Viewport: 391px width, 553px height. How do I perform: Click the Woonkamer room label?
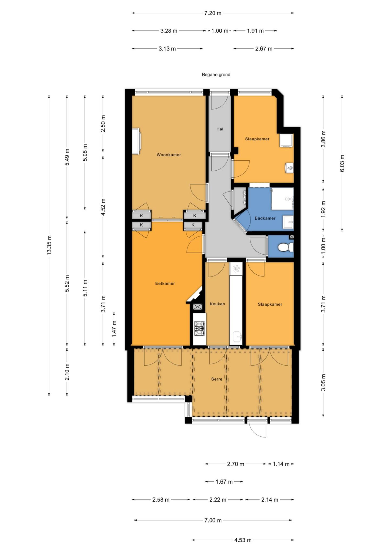pos(169,155)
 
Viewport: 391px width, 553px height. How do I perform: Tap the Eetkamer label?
pos(165,284)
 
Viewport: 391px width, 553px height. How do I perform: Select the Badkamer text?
pos(265,218)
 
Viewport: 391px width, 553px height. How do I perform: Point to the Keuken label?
pos(217,304)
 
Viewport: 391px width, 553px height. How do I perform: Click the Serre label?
pos(217,379)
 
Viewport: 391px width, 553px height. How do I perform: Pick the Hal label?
pos(220,129)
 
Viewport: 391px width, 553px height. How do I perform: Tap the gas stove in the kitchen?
pos(199,329)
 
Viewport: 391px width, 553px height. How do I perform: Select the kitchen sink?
pos(238,337)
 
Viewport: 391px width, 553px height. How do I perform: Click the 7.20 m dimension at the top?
pos(213,13)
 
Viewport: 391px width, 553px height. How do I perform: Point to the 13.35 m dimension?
pos(49,245)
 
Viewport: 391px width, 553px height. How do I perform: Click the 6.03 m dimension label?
pos(342,163)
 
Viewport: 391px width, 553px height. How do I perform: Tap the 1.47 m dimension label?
pos(114,328)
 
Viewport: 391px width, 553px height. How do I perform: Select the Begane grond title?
pos(216,75)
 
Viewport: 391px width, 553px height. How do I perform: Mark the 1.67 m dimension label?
pos(224,481)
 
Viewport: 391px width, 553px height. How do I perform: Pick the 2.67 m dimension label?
pos(264,49)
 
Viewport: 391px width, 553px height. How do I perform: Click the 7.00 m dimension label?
pos(213,520)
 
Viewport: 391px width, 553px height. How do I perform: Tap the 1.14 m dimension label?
pos(281,464)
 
